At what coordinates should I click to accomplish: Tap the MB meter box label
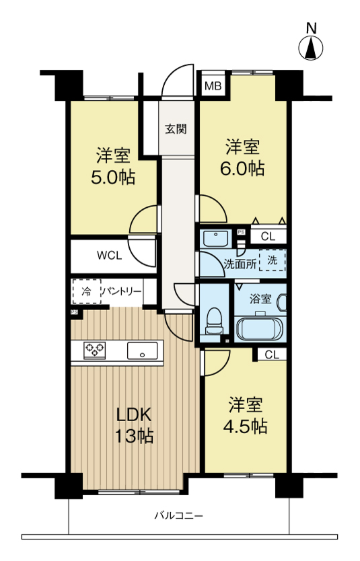point(213,86)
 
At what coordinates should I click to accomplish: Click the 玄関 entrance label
point(176,128)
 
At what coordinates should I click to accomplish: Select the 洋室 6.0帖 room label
point(242,157)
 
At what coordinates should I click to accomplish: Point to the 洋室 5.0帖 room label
point(113,166)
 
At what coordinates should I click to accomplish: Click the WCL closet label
point(109,256)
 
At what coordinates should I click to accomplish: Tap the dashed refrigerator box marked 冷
point(86,291)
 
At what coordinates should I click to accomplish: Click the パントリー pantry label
point(122,291)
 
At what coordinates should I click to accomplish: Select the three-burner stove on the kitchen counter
point(94,350)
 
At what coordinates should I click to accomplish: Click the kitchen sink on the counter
point(142,350)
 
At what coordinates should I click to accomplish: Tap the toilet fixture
point(213,321)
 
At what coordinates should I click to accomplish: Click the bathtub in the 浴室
point(260,328)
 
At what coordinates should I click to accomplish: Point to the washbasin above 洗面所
point(215,239)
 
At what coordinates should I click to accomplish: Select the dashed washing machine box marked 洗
point(273,260)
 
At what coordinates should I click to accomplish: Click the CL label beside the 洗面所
point(268,237)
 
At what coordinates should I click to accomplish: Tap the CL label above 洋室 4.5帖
point(272,354)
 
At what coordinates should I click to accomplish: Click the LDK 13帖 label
point(134,425)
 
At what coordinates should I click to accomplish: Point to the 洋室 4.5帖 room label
point(245,415)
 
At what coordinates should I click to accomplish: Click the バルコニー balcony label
point(178,515)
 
